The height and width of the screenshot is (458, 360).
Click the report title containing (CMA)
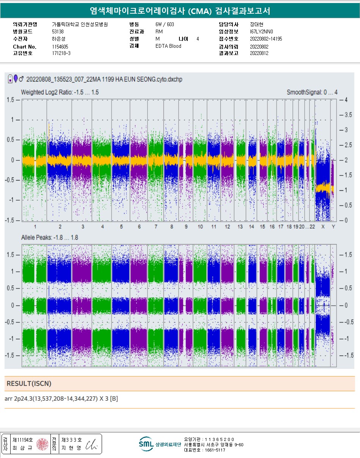point(180,11)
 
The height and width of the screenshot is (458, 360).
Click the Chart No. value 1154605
point(60,46)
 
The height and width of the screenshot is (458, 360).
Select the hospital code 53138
point(58,31)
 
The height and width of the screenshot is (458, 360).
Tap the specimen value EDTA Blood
point(168,46)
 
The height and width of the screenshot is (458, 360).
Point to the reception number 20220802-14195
point(266,39)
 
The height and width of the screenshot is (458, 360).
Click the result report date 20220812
point(259,53)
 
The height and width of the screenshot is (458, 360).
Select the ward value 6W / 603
point(165,24)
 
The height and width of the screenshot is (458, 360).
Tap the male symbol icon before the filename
point(21,79)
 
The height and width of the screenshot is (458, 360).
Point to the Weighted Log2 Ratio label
point(60,92)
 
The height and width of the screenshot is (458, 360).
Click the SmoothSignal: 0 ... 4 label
point(312,92)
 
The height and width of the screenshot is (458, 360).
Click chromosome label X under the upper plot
point(323,226)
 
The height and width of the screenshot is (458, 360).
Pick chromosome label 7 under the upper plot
point(156,226)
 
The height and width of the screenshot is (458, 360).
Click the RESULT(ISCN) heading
point(29,384)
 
